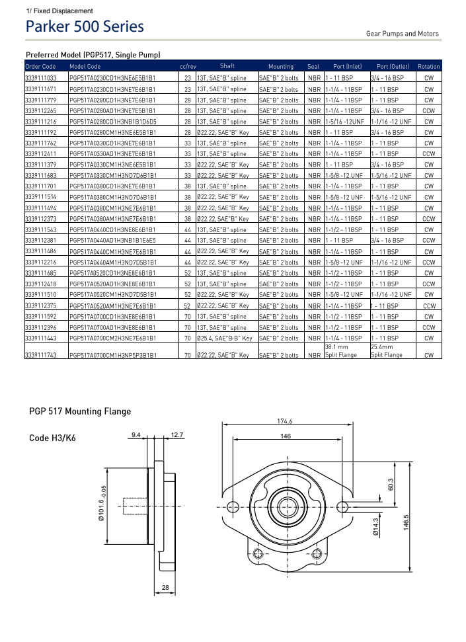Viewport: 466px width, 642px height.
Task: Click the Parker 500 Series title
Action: coord(85,27)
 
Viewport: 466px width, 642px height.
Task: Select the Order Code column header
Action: coord(40,66)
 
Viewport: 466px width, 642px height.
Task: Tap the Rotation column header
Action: coord(428,66)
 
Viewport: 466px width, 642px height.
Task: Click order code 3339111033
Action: coord(40,78)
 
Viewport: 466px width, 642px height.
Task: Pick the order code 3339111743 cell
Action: coord(40,355)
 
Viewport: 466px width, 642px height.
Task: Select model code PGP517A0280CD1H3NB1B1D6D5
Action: coord(112,122)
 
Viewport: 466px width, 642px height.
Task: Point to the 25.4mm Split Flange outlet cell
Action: coord(387,350)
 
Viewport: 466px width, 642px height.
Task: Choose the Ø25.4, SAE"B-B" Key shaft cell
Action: coord(225,338)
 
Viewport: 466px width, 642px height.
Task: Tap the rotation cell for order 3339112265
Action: coord(428,110)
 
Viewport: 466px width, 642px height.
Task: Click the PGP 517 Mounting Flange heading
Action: coord(80,411)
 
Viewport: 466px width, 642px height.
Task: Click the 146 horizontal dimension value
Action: coord(286,436)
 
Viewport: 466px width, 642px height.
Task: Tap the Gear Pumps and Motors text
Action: coord(402,34)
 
